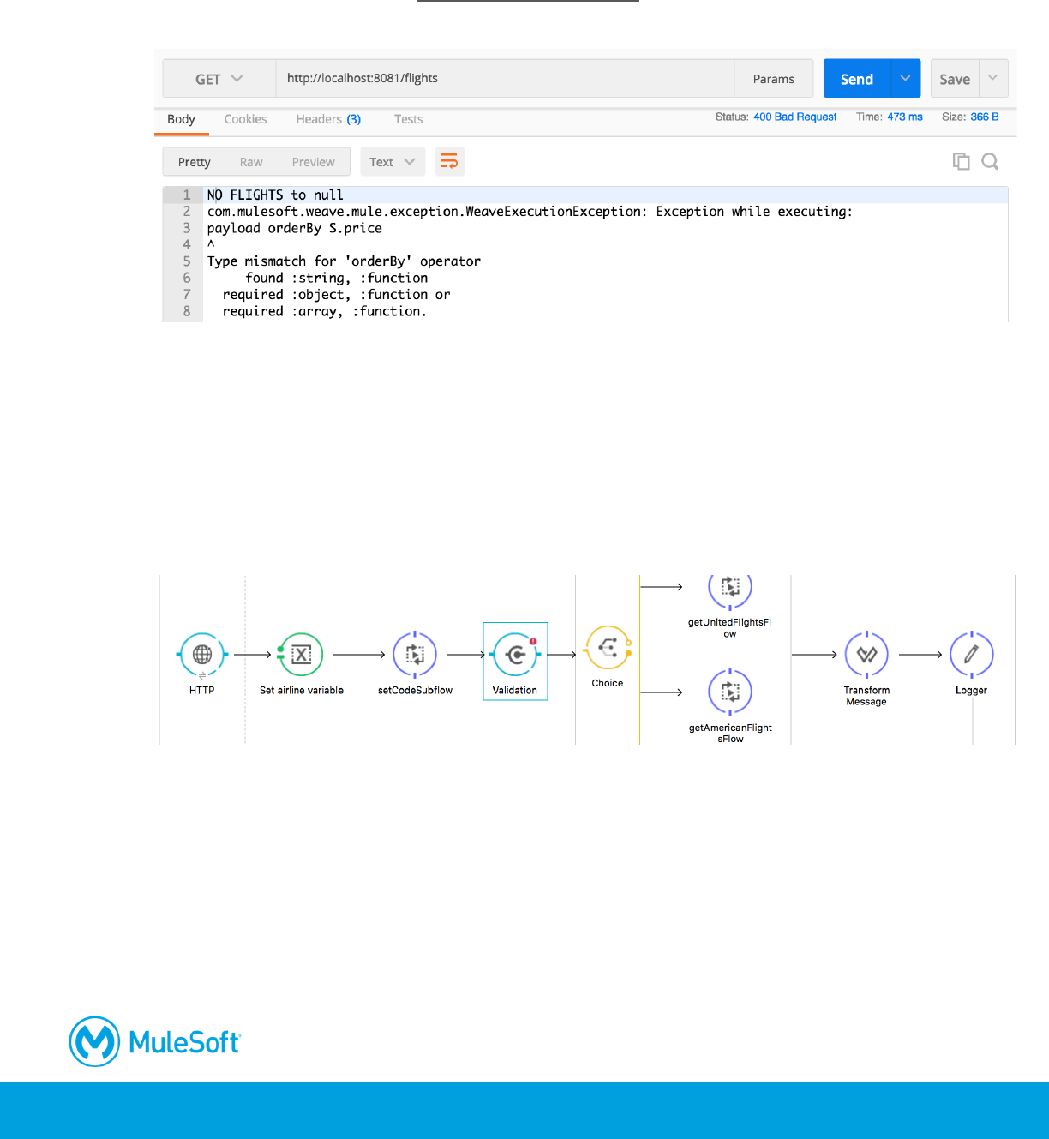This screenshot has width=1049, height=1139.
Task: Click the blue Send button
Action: point(857,79)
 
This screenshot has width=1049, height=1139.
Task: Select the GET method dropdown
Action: point(219,79)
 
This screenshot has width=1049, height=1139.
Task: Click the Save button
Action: point(955,79)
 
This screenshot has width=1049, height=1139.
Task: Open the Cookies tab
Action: point(245,119)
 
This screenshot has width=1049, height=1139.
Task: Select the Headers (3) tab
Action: point(328,119)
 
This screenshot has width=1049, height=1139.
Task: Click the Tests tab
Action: point(408,119)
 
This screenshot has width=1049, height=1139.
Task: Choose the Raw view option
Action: point(251,162)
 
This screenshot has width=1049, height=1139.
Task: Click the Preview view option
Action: point(313,162)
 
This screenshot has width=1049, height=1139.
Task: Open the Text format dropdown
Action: point(392,162)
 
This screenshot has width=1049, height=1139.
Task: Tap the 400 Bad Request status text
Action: point(794,117)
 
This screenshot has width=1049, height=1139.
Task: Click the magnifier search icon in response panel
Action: point(990,161)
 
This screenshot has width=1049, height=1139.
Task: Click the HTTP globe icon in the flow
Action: point(202,655)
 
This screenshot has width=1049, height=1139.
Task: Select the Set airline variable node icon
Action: point(301,655)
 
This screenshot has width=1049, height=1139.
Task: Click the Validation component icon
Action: point(515,655)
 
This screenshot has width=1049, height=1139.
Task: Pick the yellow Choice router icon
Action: point(608,648)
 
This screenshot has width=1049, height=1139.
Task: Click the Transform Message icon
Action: point(866,655)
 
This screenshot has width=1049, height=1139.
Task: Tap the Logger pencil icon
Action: point(971,655)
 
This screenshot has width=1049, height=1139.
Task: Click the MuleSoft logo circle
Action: point(94,1041)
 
